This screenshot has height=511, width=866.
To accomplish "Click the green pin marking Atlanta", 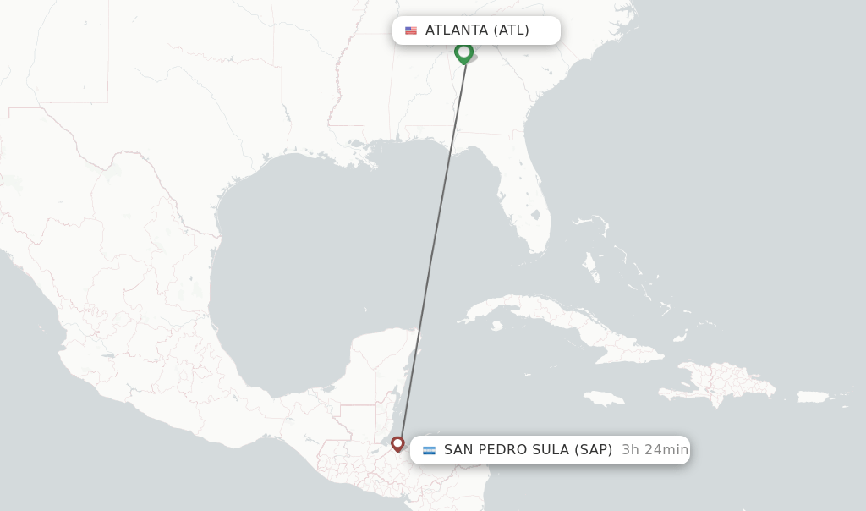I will point(463,52).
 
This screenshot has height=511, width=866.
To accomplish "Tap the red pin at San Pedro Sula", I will point(397,443).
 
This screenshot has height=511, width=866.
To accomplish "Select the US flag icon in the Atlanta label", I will point(411,30).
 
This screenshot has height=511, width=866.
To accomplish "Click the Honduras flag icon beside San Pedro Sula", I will point(429,450).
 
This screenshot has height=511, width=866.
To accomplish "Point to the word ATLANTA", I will point(457,30).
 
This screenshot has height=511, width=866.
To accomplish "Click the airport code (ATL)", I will point(512,30).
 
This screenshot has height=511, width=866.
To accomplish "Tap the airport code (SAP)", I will point(594,450).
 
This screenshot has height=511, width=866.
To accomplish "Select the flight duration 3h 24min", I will point(655,450).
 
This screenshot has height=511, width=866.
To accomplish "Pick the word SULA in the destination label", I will point(551,450).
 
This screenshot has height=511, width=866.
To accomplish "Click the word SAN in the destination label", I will point(458,450).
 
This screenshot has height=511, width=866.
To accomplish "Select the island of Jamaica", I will point(603,398).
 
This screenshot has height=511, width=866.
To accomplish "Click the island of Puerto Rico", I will point(813,397).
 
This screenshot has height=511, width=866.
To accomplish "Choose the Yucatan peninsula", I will point(385,355).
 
